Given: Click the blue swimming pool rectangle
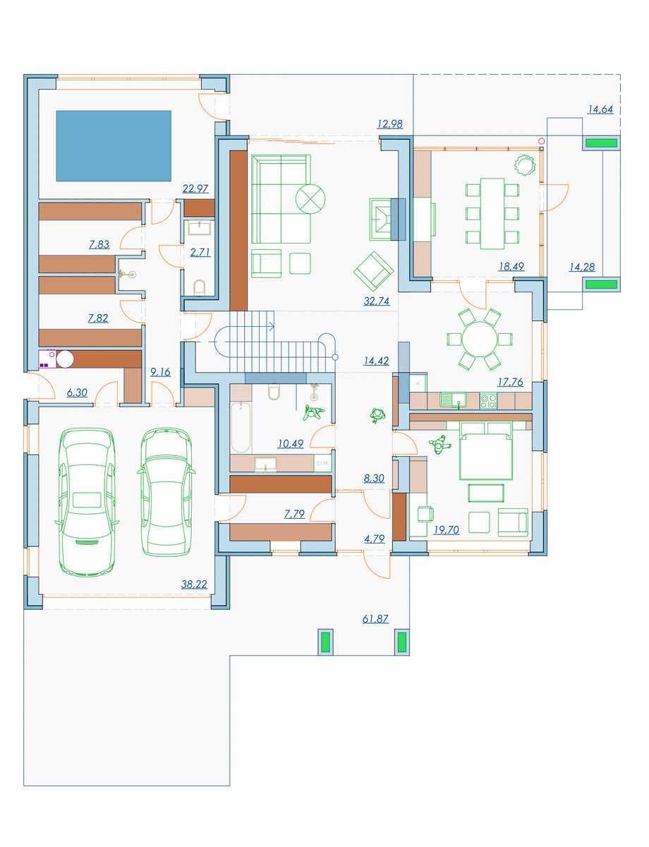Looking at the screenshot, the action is click(114, 146).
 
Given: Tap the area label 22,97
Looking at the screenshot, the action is click(195, 188).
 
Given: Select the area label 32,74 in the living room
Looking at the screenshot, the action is click(376, 301).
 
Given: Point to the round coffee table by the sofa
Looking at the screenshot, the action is click(310, 199).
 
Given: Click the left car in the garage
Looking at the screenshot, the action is click(87, 502).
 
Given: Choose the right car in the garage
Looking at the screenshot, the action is click(166, 491).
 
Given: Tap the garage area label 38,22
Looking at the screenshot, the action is click(194, 584).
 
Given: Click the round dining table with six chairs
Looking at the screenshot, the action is click(480, 339).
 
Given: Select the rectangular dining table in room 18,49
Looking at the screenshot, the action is click(492, 214).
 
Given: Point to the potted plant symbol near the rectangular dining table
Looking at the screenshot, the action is click(524, 165).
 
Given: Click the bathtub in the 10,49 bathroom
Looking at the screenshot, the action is click(241, 427).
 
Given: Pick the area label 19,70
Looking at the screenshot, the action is click(447, 529).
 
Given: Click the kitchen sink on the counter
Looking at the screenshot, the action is click(453, 400).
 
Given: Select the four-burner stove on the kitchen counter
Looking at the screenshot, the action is click(488, 401).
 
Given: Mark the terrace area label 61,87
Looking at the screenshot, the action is click(375, 618).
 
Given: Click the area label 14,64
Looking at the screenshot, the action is click(600, 109).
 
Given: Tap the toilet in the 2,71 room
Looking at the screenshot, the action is click(199, 288).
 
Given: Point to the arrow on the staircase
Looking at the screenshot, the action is click(271, 327).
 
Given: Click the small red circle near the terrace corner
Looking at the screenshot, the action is click(541, 141).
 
